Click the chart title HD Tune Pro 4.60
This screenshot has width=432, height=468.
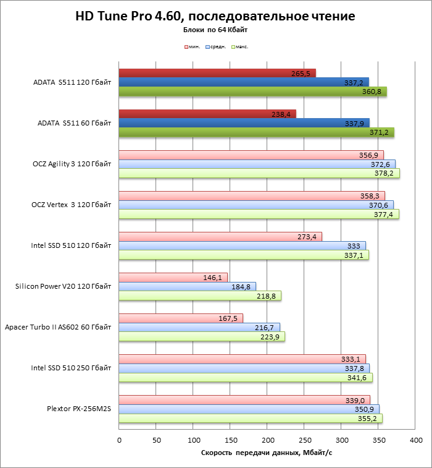coord(215,15)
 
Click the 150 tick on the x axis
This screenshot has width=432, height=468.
coord(231,440)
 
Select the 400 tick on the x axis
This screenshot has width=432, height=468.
coord(417,440)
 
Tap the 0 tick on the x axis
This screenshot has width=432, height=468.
coord(119,440)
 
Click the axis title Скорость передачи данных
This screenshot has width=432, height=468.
coord(267,454)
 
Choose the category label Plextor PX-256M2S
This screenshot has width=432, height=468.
coord(79,409)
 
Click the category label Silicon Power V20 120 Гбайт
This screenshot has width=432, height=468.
coord(64,286)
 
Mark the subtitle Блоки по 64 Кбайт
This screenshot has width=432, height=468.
coord(215,29)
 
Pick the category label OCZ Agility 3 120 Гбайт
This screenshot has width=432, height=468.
coord(72,164)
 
